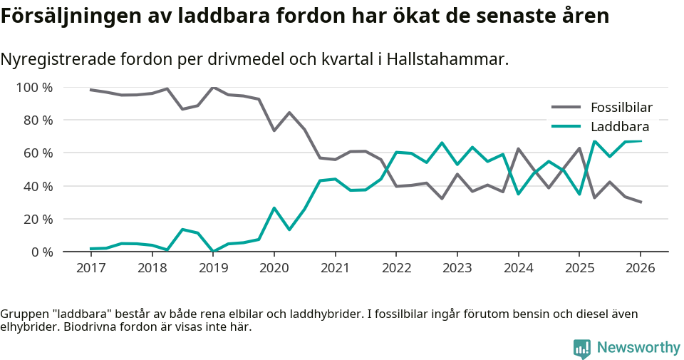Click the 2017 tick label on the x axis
[90, 268]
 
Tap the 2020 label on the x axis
[274, 268]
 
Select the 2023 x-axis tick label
[457, 268]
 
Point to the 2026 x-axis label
[640, 268]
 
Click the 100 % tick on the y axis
[35, 88]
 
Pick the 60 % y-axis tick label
[38, 153]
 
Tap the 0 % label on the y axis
[42, 252]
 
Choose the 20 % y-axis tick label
[38, 219]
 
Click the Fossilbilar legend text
[621, 108]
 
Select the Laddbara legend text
[619, 127]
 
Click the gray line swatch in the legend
[566, 108]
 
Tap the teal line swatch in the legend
[566, 127]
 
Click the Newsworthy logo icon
[582, 348]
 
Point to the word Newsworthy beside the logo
[638, 348]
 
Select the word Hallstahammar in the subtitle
[447, 60]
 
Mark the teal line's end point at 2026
[641, 141]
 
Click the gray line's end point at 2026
[641, 202]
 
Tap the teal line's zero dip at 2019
[213, 251]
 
